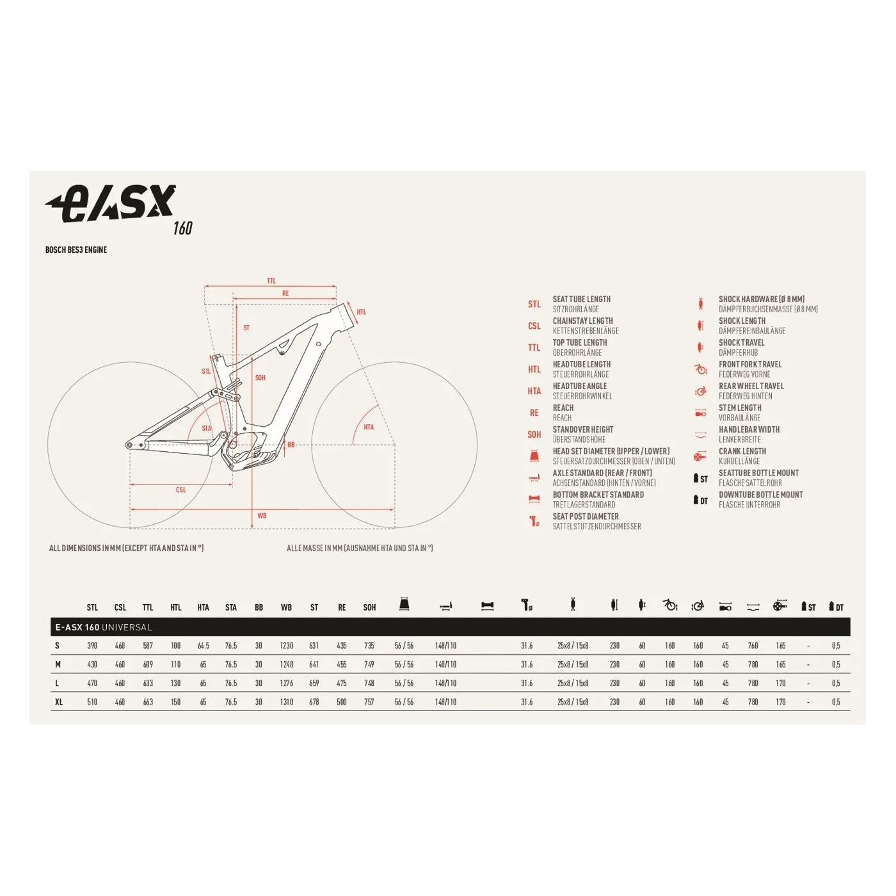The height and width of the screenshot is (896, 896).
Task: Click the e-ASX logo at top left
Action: click(112, 205)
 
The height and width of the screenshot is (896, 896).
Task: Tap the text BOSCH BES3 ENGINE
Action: click(76, 250)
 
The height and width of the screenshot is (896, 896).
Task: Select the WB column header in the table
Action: click(286, 607)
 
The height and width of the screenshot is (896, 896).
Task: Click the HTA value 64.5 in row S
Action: click(204, 646)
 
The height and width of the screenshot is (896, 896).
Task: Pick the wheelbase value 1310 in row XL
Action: click(286, 702)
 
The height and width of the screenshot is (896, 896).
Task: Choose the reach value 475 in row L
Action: click(342, 684)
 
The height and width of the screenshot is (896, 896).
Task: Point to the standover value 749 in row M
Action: click(369, 664)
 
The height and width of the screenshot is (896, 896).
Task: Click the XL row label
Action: click(59, 702)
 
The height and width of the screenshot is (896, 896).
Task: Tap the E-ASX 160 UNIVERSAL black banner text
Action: click(104, 627)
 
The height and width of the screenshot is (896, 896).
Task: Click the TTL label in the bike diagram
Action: click(271, 281)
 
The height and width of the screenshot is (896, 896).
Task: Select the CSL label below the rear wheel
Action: click(181, 490)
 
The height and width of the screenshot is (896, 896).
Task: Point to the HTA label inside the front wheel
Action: click(369, 427)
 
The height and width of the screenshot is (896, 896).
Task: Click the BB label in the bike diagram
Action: click(291, 445)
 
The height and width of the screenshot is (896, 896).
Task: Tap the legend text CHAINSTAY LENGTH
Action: click(582, 321)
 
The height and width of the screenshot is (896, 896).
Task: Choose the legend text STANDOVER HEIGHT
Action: click(582, 429)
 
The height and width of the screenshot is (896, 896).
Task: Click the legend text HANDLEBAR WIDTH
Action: click(749, 429)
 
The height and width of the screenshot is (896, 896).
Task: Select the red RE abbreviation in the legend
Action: click(534, 413)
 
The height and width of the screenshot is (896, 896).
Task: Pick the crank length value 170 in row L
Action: click(781, 684)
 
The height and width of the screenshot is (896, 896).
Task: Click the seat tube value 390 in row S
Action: click(92, 646)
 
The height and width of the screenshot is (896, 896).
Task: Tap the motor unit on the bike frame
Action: click(246, 451)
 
